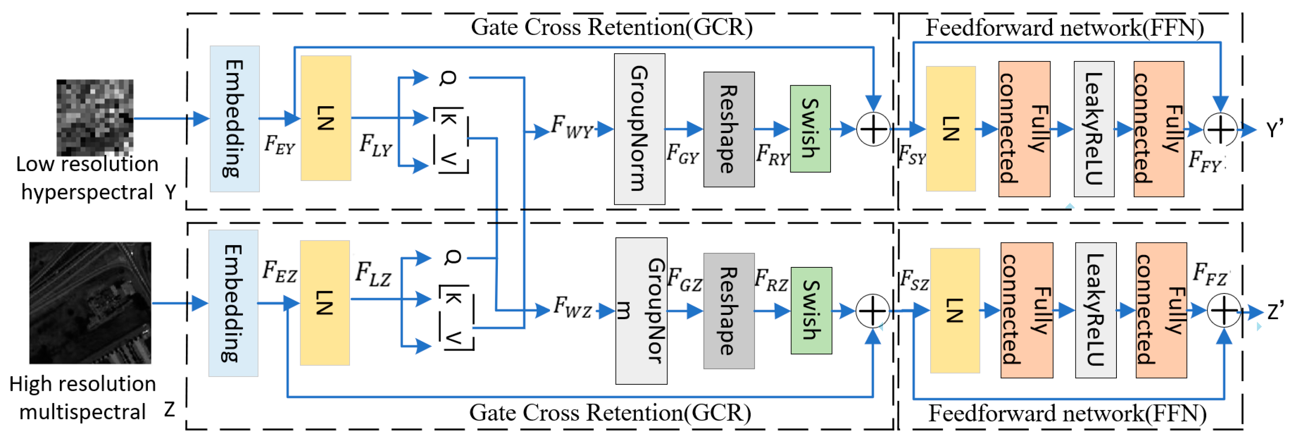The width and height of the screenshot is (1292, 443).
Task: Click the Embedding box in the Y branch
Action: click(234, 119)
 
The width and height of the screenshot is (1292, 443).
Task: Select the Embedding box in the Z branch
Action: click(233, 303)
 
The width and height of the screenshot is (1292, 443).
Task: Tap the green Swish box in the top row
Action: click(810, 129)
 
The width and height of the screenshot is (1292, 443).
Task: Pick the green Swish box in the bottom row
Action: click(811, 311)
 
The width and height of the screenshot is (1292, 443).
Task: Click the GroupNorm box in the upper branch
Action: click(639, 129)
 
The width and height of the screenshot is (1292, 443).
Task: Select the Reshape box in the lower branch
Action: click(729, 311)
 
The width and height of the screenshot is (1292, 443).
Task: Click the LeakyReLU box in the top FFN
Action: click(1094, 129)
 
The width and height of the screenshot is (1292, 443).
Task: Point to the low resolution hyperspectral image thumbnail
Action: click(95, 117)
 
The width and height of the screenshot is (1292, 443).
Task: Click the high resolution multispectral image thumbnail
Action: click(90, 303)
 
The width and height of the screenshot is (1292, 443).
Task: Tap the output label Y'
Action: click(1274, 129)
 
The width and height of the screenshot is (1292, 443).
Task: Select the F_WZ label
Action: click(572, 307)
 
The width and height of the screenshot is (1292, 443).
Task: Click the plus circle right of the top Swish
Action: click(873, 129)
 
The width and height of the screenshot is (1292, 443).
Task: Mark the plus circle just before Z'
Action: click(1224, 311)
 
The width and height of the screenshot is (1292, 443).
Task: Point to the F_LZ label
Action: click(373, 274)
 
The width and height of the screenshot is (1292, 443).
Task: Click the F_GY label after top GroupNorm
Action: click(682, 153)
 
